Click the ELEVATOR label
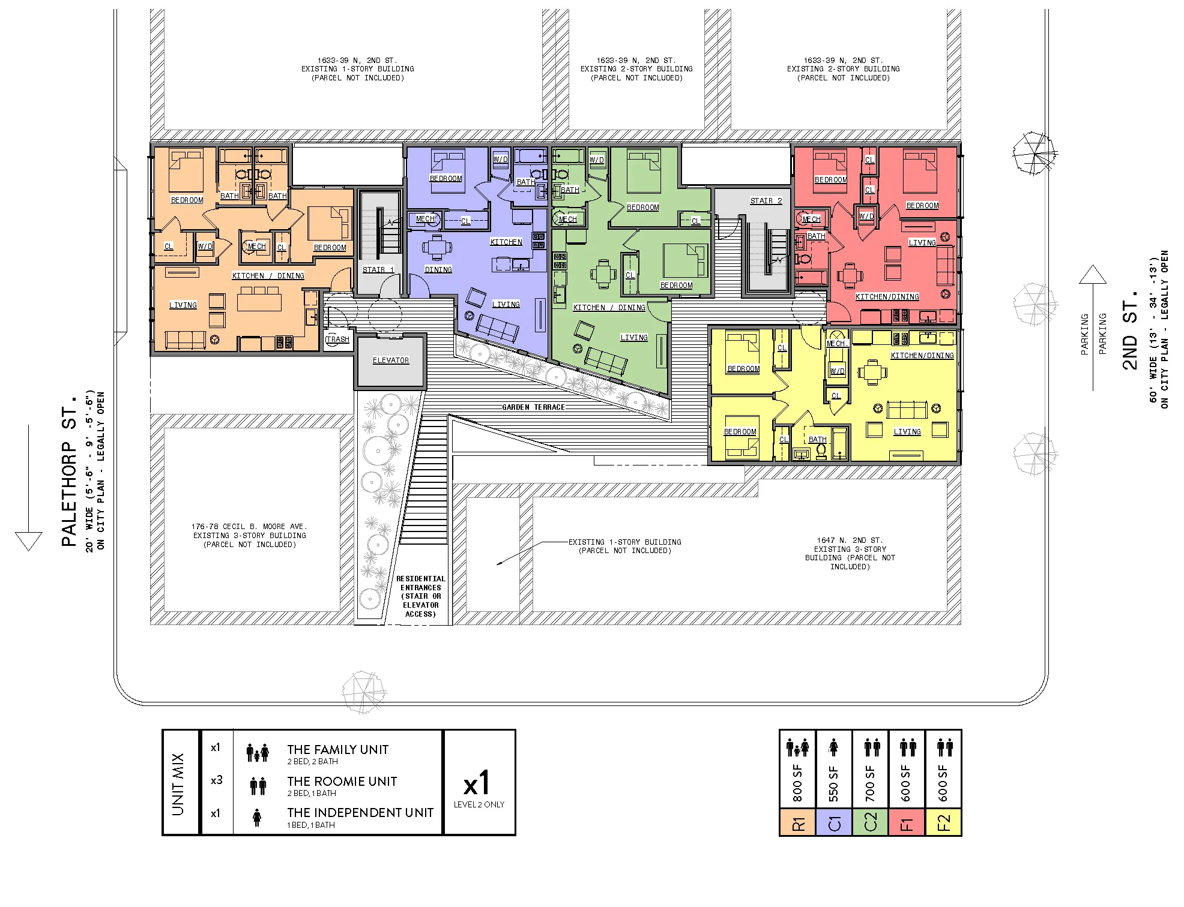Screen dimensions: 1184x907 (x=390, y=361)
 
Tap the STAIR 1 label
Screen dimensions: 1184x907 (x=378, y=270)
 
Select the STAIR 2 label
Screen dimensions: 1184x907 (x=766, y=201)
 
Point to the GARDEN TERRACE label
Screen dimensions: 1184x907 (x=534, y=407)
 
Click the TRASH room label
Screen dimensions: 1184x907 (x=337, y=340)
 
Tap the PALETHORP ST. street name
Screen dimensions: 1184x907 (x=70, y=470)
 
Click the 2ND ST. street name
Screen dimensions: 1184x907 (x=1130, y=331)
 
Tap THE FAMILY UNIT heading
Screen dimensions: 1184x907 (x=337, y=750)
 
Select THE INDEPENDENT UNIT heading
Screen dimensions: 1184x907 (x=360, y=813)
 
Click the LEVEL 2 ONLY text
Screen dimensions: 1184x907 (x=479, y=804)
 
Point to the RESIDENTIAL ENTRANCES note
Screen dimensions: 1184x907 (x=420, y=596)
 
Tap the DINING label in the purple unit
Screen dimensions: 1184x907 (x=438, y=270)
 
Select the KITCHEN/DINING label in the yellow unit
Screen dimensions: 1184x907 (x=922, y=356)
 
